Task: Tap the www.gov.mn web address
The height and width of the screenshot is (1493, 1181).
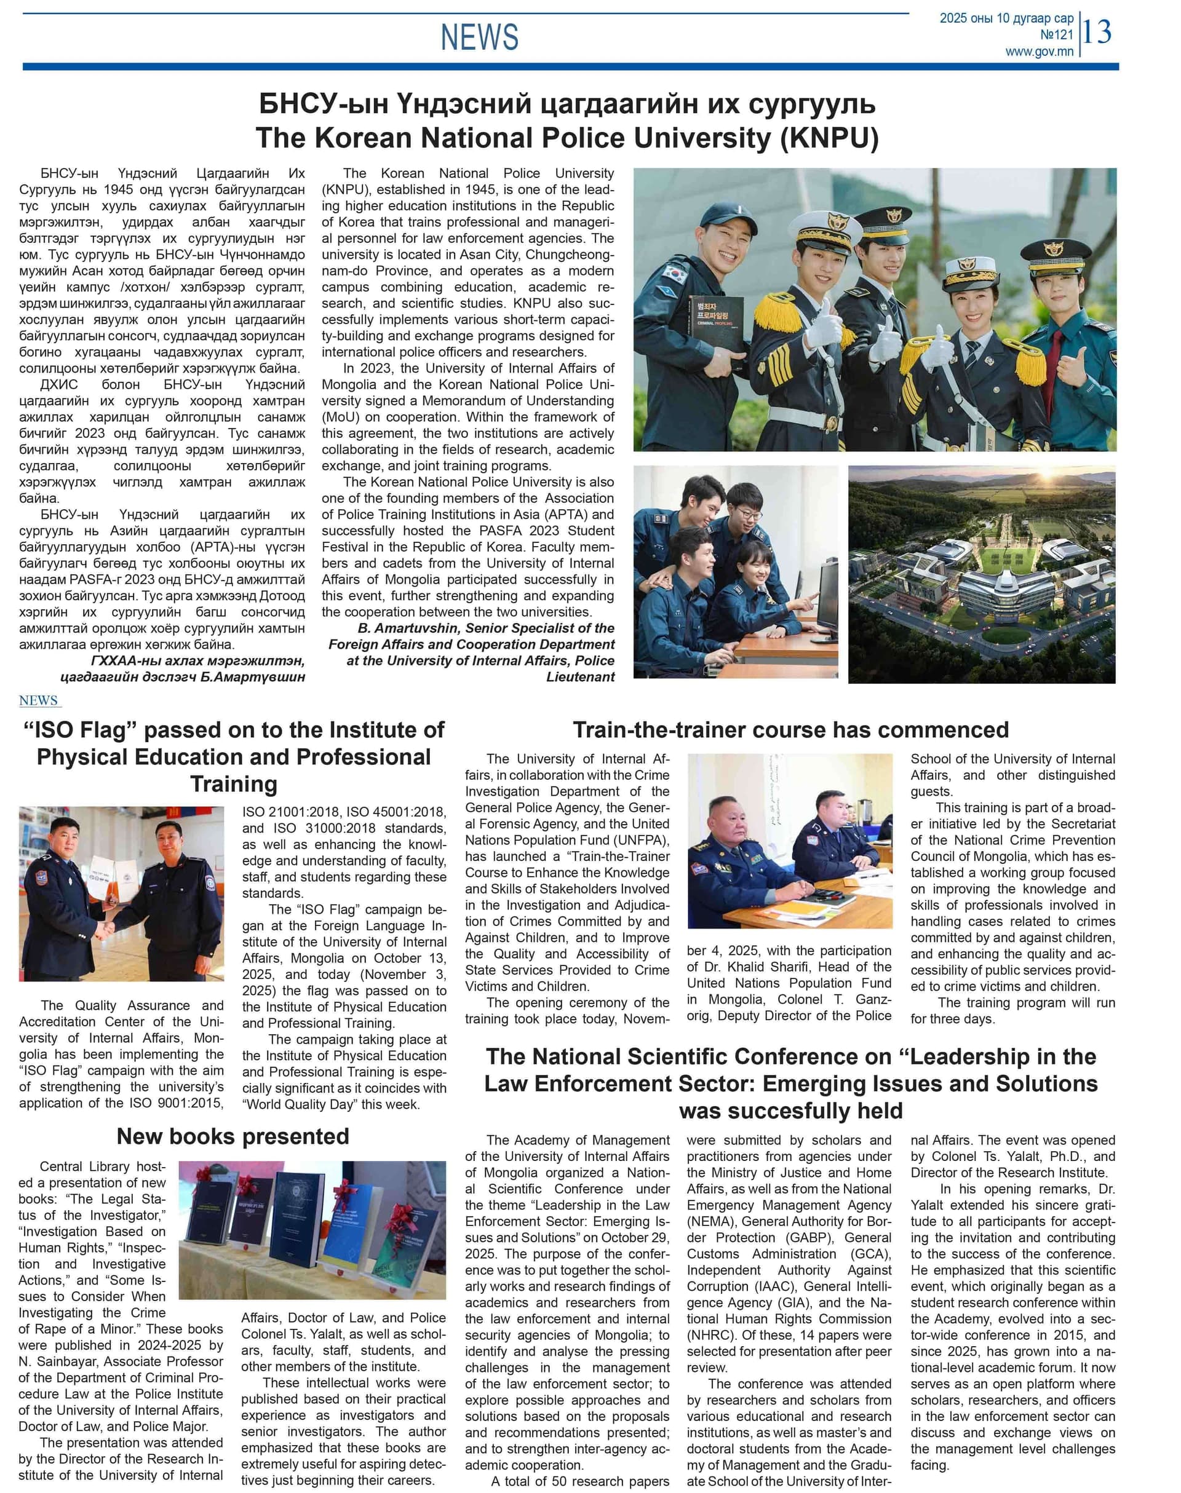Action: click(x=1040, y=51)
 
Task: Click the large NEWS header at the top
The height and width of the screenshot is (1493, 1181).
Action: click(x=479, y=37)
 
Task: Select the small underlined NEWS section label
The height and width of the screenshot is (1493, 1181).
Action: click(x=39, y=700)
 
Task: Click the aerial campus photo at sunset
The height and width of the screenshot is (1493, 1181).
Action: click(x=981, y=574)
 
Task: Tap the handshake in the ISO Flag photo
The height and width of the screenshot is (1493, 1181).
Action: click(x=105, y=931)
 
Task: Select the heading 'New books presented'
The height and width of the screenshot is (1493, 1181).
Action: click(x=233, y=1136)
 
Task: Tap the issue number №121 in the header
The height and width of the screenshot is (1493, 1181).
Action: click(x=1056, y=34)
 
